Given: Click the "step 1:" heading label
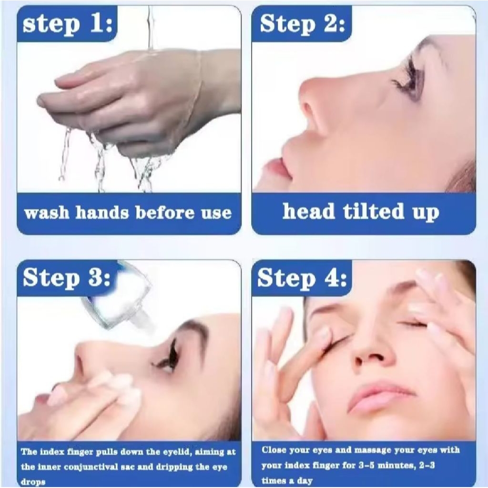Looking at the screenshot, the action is [x=68, y=24].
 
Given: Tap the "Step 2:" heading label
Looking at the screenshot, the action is [x=302, y=24].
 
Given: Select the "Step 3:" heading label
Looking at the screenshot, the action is [x=67, y=277].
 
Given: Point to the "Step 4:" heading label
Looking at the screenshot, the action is [x=302, y=278].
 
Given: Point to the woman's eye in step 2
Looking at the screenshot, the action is [x=406, y=80].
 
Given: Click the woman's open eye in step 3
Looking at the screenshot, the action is [x=165, y=361].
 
